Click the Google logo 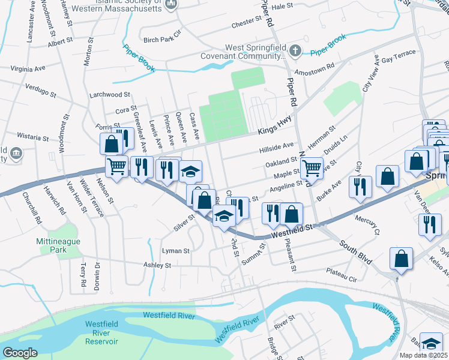click(20, 352)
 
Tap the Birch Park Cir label click(162, 40)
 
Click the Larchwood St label click(109, 95)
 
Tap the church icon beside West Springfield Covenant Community click(294, 50)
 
